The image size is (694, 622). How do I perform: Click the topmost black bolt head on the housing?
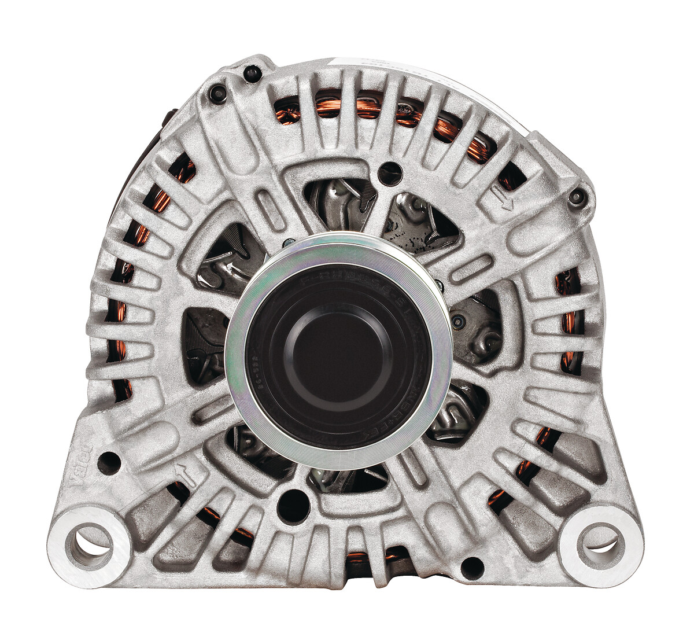point(252,73)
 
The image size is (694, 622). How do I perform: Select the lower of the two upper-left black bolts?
point(217,93)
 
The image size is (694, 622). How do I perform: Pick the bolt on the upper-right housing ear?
point(577,198)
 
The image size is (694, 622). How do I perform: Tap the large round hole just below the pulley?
point(293,503)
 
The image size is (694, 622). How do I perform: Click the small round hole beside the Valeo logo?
point(109,463)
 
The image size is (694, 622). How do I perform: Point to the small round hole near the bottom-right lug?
point(472,568)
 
